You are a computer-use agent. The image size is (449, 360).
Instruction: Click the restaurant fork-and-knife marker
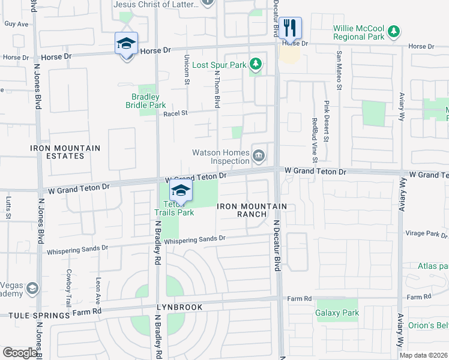coord(290,28)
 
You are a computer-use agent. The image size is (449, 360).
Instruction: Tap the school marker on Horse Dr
coord(126,44)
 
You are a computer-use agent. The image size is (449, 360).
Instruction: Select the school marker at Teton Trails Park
coord(180,191)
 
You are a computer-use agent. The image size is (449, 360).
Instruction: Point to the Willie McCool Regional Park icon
coord(394,31)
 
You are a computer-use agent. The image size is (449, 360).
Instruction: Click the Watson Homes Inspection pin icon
coord(259,157)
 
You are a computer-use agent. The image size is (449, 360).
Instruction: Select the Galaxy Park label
coord(337,313)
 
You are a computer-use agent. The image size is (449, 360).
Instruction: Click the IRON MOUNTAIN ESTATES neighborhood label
coord(58,152)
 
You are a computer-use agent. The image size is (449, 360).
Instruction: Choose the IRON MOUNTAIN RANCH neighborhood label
coord(252,210)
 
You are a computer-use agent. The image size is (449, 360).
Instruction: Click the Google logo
coord(20,353)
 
